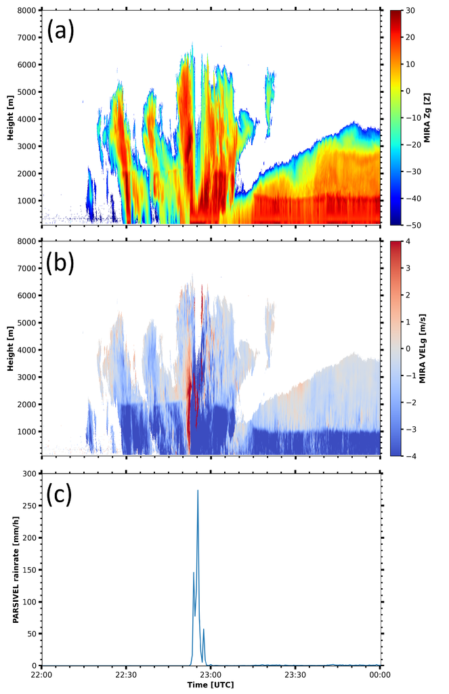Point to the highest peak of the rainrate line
click(198, 490)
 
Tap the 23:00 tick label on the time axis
click(211, 675)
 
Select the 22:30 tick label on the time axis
click(126, 675)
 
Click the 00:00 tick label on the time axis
click(379, 675)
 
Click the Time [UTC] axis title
click(211, 686)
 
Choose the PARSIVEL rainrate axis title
click(14, 569)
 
